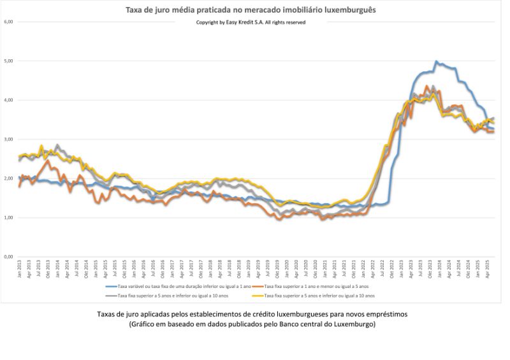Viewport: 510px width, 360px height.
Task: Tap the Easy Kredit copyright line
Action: [x=251, y=22]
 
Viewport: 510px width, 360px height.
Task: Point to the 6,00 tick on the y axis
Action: [x=8, y=22]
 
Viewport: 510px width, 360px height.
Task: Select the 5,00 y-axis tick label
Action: [x=8, y=61]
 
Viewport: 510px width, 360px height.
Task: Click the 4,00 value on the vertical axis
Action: [x=8, y=100]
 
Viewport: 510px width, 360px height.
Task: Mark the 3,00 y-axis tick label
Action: [x=8, y=140]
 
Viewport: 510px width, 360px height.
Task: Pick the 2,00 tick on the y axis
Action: [x=8, y=178]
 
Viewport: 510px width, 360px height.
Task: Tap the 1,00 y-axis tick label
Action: [x=8, y=218]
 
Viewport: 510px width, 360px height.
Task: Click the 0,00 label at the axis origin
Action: [x=8, y=257]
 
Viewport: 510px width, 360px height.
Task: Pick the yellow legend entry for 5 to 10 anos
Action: [x=319, y=296]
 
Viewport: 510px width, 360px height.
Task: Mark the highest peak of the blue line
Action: [x=436, y=62]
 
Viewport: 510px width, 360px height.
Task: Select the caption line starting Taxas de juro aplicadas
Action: [x=251, y=315]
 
